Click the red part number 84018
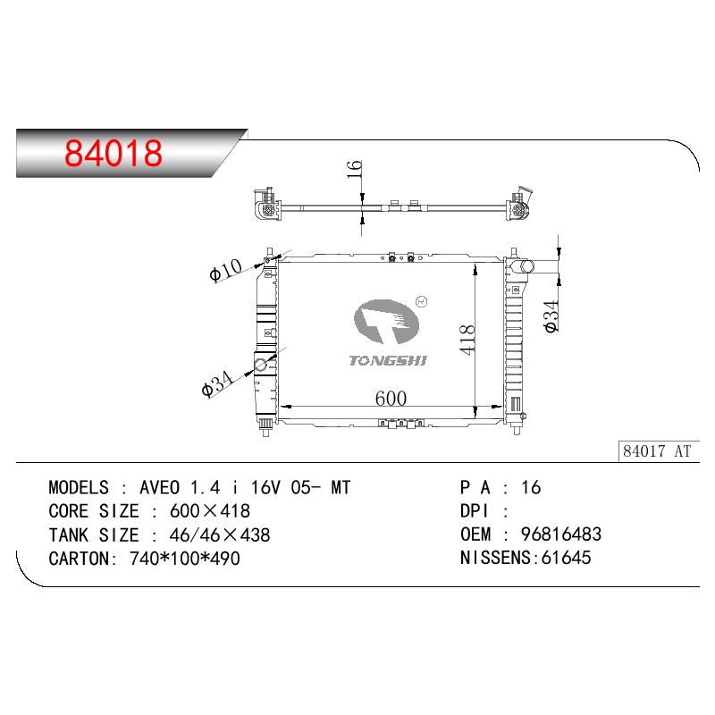tap(114, 153)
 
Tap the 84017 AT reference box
tap(659, 451)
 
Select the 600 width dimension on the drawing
tap(391, 399)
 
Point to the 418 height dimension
tap(467, 340)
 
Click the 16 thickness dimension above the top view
tap(354, 169)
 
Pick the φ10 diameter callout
tap(226, 270)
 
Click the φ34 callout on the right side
tap(551, 316)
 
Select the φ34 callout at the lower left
tap(217, 383)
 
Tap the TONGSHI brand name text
tap(388, 361)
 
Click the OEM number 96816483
tap(561, 534)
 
